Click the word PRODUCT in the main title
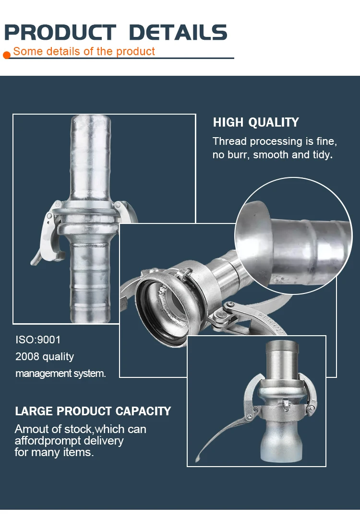pyautogui.click(x=60, y=32)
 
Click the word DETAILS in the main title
pyautogui.click(x=178, y=32)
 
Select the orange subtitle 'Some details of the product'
pyautogui.click(x=84, y=51)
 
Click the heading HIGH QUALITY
pyautogui.click(x=256, y=122)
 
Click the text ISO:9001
pyautogui.click(x=38, y=340)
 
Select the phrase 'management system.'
pyautogui.click(x=60, y=373)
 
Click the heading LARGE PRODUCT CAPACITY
pyautogui.click(x=93, y=411)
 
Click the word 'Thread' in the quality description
pyautogui.click(x=229, y=141)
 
